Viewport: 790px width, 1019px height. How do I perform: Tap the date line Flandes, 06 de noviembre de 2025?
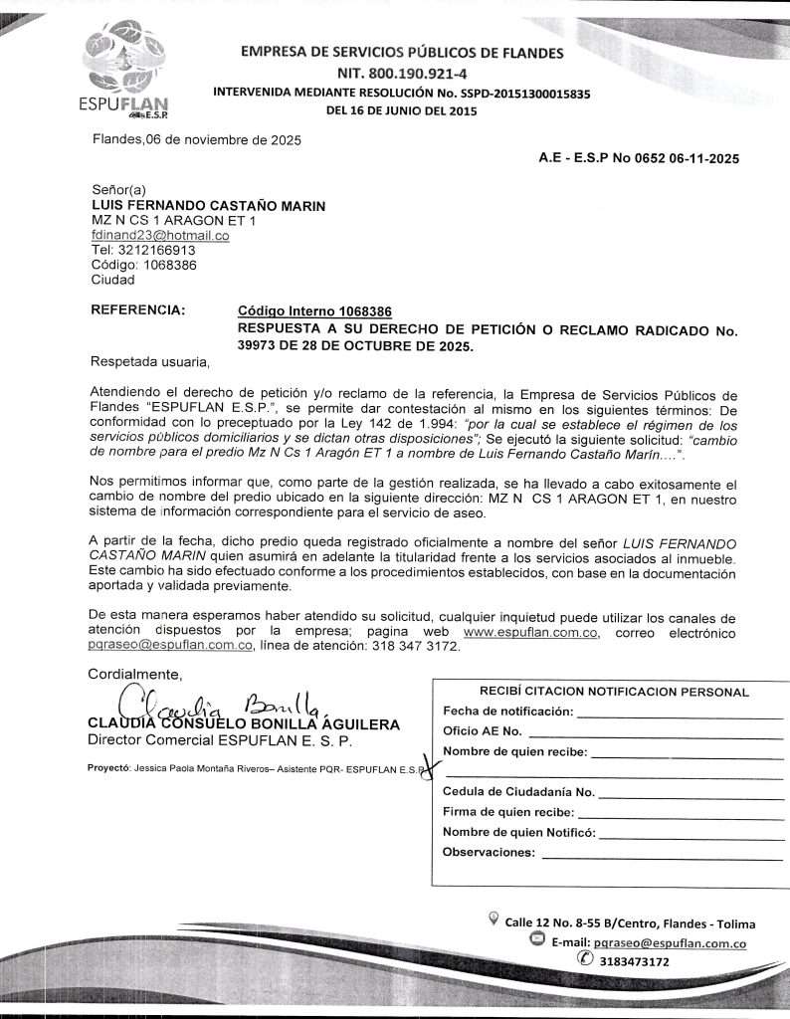pos(196,139)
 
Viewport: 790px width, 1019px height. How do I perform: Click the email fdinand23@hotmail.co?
pos(160,236)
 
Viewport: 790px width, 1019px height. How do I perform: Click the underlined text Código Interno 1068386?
pos(314,311)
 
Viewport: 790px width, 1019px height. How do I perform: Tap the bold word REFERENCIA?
pos(138,310)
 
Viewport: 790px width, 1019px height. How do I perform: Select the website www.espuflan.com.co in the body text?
pos(531,632)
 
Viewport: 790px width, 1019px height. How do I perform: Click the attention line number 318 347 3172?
pos(417,647)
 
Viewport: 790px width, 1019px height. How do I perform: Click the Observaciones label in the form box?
pos(488,852)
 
